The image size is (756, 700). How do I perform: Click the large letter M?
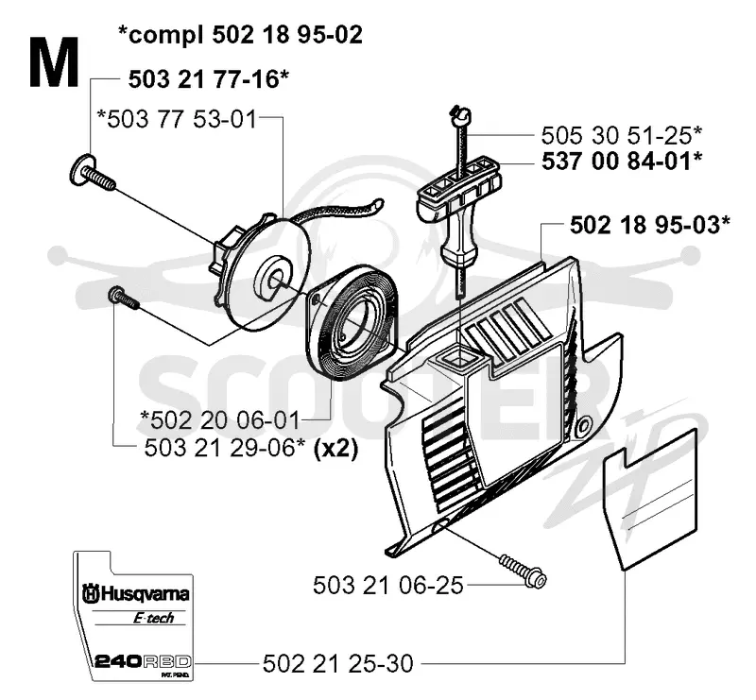(x=54, y=63)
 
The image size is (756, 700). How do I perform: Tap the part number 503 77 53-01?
(x=177, y=119)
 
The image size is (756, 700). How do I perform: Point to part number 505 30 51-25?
(x=622, y=135)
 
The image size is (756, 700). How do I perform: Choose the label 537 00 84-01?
(x=622, y=161)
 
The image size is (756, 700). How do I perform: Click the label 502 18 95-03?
(x=650, y=225)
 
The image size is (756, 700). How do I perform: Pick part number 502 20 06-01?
(x=220, y=419)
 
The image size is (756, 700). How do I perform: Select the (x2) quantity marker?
(x=335, y=449)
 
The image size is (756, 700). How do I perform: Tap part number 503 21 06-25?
(x=388, y=586)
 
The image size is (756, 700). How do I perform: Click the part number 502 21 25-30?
(x=338, y=663)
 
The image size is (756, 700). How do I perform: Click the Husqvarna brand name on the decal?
(x=136, y=593)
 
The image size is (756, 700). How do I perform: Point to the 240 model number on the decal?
(x=117, y=661)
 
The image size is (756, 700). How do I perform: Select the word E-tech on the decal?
(x=153, y=618)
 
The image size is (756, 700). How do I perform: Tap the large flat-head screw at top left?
(x=92, y=174)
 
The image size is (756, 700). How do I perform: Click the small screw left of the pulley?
(x=124, y=297)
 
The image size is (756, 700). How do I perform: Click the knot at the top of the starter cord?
(x=461, y=113)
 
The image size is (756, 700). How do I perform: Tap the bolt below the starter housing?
(x=524, y=571)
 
